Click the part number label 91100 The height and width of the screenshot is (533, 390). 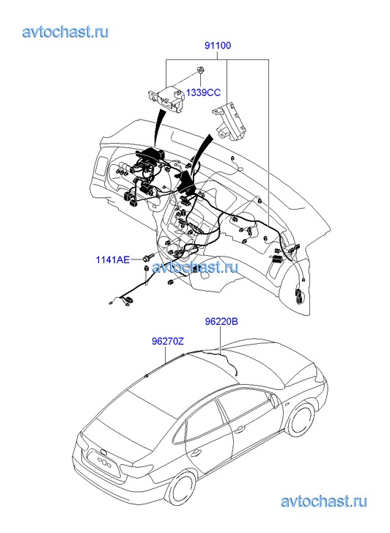(x=218, y=45)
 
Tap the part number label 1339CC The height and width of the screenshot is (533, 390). (x=203, y=92)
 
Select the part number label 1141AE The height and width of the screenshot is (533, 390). (x=113, y=260)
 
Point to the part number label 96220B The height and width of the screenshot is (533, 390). (x=221, y=321)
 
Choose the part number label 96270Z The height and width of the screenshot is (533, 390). (x=168, y=341)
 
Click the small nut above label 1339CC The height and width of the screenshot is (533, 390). (x=200, y=70)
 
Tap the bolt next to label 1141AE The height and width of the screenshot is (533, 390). (x=149, y=257)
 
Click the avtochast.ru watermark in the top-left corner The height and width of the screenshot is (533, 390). (x=65, y=32)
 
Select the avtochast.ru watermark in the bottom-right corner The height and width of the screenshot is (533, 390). (x=323, y=501)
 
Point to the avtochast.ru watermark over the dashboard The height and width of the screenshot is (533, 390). (x=195, y=267)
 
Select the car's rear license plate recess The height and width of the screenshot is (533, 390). (x=106, y=463)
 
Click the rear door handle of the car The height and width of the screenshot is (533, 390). (x=195, y=453)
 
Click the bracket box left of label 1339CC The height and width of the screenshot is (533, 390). (x=166, y=98)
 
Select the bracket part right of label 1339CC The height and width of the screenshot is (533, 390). (x=229, y=121)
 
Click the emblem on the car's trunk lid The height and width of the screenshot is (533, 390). (x=102, y=452)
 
